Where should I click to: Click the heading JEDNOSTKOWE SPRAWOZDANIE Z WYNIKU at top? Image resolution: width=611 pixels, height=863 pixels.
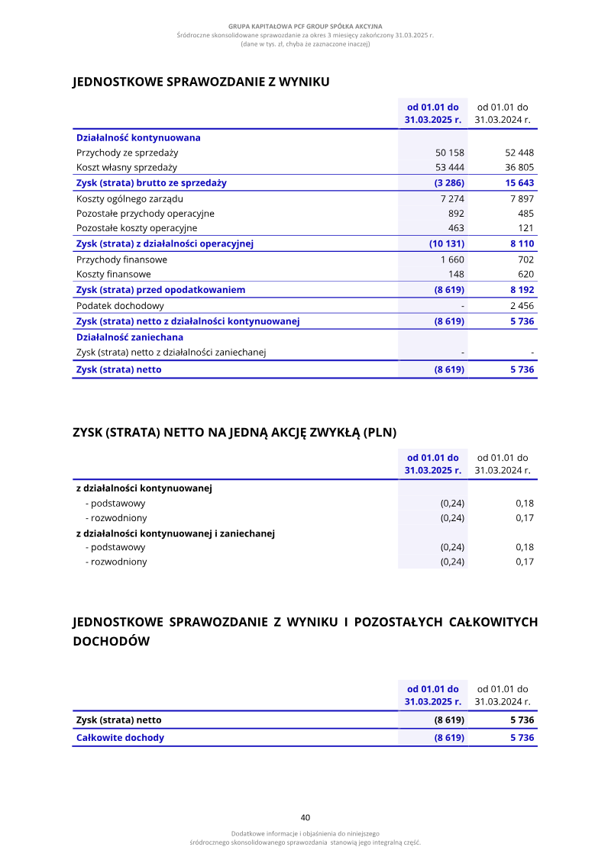[x=201, y=82]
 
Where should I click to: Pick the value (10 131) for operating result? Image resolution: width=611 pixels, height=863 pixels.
[x=447, y=244]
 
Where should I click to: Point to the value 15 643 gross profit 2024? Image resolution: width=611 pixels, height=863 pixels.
[x=519, y=183]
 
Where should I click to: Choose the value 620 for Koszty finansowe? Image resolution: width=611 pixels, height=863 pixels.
[x=525, y=274]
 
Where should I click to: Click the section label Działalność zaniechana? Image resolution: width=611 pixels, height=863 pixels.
[x=130, y=337]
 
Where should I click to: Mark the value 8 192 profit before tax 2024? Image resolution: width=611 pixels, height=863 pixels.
[x=522, y=290]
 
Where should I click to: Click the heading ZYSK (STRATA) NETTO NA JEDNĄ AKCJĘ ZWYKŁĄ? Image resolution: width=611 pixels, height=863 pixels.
[x=234, y=433]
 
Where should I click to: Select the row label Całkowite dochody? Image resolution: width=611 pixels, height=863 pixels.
[x=120, y=738]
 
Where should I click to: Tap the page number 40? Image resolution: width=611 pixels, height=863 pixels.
[x=305, y=817]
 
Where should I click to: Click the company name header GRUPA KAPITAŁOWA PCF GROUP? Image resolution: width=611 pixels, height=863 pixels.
[x=305, y=27]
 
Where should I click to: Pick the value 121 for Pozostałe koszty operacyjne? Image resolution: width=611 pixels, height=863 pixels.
[x=525, y=228]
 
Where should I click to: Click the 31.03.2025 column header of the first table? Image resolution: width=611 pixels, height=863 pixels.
[x=433, y=114]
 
